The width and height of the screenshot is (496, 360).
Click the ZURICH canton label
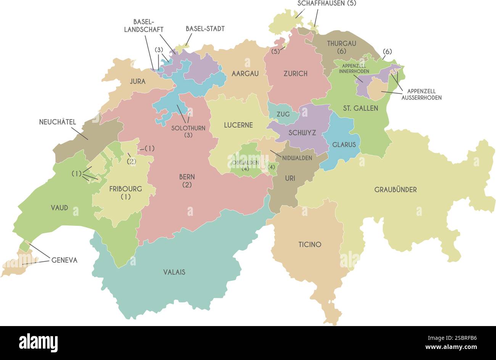coord(295,74)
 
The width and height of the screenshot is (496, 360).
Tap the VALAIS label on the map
coord(174,272)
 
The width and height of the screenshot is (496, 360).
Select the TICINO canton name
coord(310,244)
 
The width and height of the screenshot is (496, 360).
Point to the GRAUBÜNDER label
coord(395,190)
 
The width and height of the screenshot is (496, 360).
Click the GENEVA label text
coord(64,260)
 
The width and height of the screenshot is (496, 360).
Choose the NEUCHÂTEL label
coord(58,122)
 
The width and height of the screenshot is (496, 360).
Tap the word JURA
coord(137,81)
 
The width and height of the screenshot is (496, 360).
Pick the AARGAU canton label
coord(245,73)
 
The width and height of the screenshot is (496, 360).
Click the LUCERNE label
coord(238,125)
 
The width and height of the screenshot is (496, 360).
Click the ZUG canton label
coord(283,114)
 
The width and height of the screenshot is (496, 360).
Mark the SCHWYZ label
coord(302,133)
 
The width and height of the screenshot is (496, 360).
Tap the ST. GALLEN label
coord(360,108)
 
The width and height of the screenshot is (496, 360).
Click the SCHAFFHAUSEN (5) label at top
coord(327,3)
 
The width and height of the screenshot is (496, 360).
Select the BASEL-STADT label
coord(205,29)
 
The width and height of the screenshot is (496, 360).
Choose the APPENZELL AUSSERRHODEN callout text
coord(421,94)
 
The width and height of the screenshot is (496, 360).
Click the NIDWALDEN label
coord(297,157)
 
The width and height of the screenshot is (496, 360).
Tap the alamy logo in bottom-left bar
coord(38,342)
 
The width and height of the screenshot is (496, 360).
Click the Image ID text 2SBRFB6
coord(459,337)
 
